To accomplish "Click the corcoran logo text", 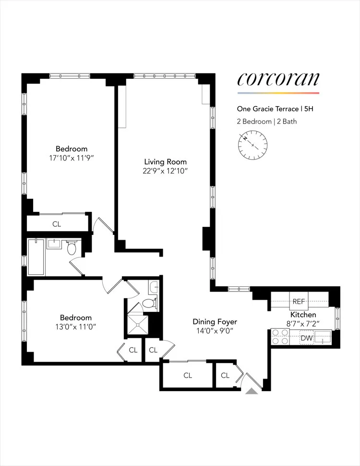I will [278, 79].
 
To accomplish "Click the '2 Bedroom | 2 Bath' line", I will [267, 121].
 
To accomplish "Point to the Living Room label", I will [166, 161].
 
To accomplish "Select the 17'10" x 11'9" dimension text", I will [72, 158].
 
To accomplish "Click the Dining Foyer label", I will [215, 321].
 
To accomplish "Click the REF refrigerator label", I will [299, 302].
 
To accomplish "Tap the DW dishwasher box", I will [307, 339].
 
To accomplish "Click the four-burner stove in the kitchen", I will [280, 337].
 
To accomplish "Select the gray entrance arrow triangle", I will [252, 392].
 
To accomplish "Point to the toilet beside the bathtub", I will [72, 248].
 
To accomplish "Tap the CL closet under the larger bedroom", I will [57, 224].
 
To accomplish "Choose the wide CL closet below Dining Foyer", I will [187, 375].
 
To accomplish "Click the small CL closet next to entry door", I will [225, 375].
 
